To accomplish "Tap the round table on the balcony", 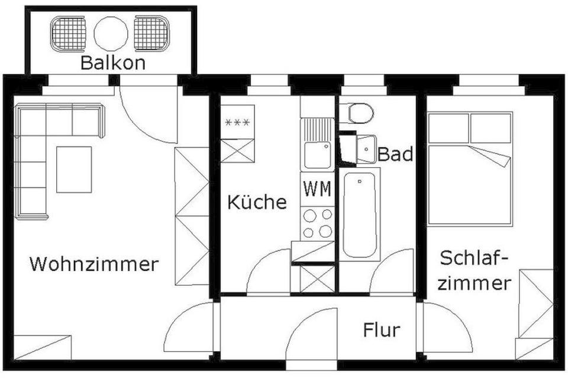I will tap(111, 32).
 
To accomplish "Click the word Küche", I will tap(257, 202).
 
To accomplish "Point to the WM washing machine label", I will tap(317, 190).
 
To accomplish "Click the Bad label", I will tap(395, 155).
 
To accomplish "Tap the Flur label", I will tap(382, 330).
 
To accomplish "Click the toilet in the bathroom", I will tap(360, 112).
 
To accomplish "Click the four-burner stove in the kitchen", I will tap(317, 223).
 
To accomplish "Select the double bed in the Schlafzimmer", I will tap(469, 169).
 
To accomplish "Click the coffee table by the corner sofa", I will tap(74, 170).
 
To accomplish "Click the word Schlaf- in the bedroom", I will tap(474, 258).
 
